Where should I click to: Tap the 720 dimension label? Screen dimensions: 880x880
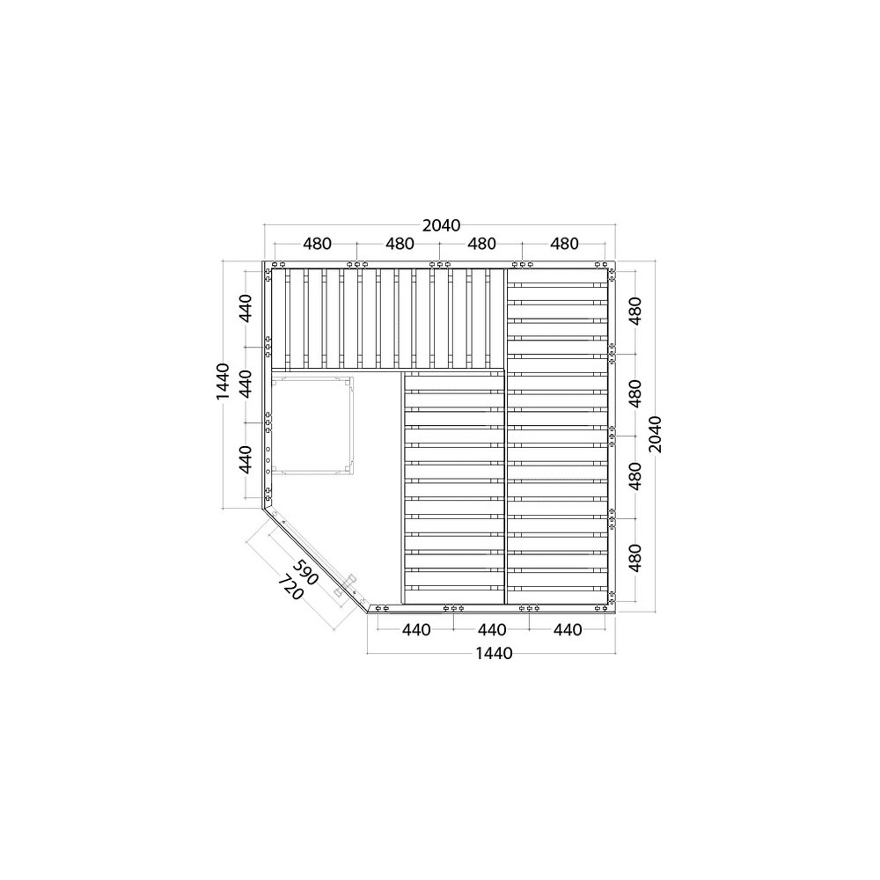[x=290, y=586]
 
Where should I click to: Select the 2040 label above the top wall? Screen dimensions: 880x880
[x=441, y=225]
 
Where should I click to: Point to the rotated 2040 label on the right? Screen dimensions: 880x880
[x=655, y=435]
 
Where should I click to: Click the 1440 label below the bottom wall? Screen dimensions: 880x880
[x=494, y=653]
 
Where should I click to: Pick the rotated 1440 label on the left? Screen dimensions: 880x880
[x=223, y=382]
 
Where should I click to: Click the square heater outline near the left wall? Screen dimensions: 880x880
[x=312, y=425]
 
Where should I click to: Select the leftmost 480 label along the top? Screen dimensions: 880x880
[x=317, y=244]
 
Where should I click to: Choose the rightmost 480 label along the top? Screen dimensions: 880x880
[x=564, y=244]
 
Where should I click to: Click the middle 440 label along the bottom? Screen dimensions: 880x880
[x=492, y=630]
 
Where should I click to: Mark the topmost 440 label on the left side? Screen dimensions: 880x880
[x=246, y=307]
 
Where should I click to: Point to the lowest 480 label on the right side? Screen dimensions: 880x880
[x=634, y=558]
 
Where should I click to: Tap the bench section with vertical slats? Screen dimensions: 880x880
[x=388, y=319]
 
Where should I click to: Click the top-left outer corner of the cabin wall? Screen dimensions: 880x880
[x=263, y=261]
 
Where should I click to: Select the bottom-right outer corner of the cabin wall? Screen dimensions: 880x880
[x=616, y=612]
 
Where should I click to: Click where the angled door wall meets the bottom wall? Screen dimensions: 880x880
[x=368, y=612]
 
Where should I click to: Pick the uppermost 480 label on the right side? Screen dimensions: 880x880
[x=634, y=311]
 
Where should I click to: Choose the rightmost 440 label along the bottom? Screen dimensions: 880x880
[x=568, y=630]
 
